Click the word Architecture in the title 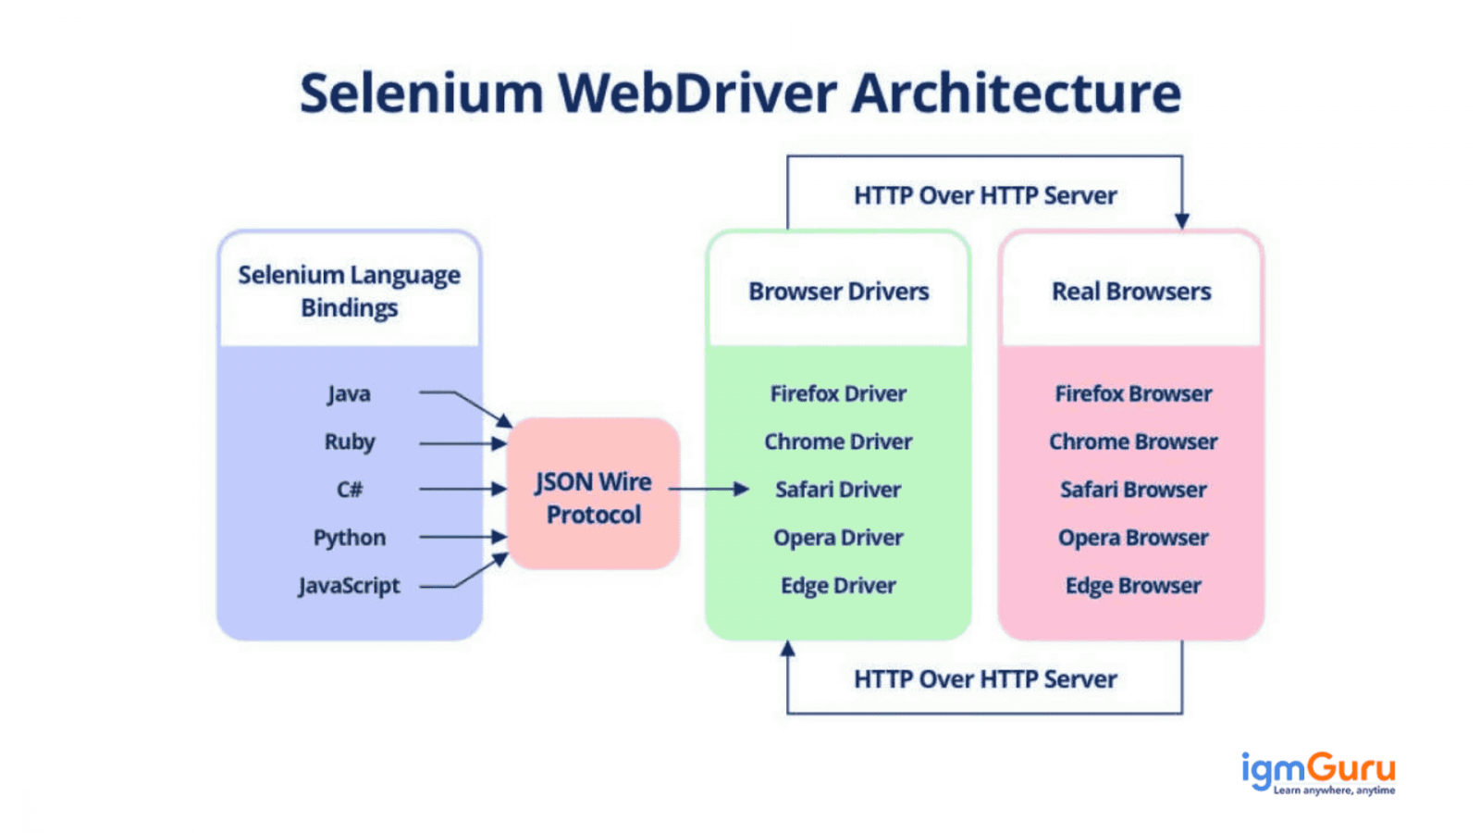(x=1016, y=93)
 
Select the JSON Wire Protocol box (x=593, y=493)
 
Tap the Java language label (x=349, y=394)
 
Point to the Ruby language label (x=350, y=442)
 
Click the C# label (x=350, y=490)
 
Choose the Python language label (x=350, y=538)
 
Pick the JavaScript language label (x=349, y=586)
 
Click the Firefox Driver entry (x=838, y=394)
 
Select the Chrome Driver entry (x=838, y=441)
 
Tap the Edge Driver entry (x=838, y=586)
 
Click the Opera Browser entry (x=1133, y=538)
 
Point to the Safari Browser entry (x=1133, y=490)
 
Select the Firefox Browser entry (x=1133, y=394)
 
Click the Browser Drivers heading (x=838, y=292)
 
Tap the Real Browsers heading (x=1131, y=292)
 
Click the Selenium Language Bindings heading (x=350, y=292)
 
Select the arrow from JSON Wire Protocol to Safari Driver (x=709, y=490)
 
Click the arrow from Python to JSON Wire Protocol (x=463, y=537)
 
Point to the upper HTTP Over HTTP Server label (x=985, y=195)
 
